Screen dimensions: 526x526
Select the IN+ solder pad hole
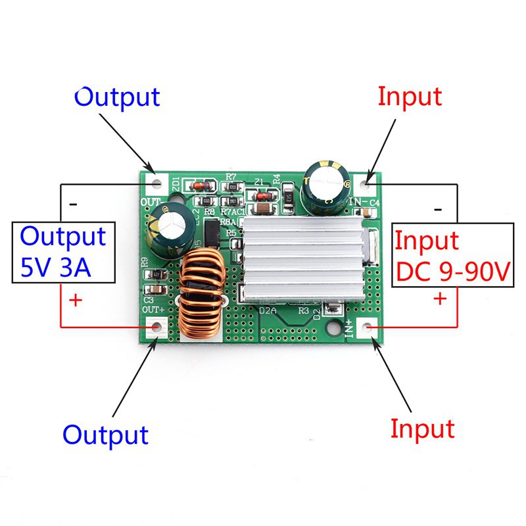click(369, 326)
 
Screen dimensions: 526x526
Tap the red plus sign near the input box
click(439, 299)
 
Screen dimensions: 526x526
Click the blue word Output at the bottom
click(105, 435)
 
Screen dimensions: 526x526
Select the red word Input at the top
click(410, 97)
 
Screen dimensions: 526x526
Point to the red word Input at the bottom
click(422, 429)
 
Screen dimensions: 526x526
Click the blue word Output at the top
click(117, 97)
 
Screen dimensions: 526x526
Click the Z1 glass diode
click(261, 195)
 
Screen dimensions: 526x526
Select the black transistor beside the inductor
click(212, 233)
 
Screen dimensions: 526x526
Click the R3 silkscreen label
click(304, 310)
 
